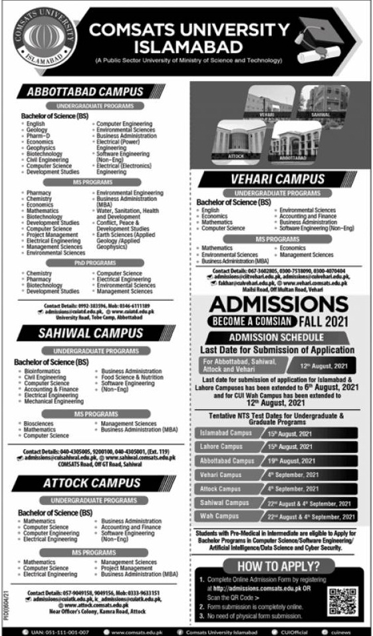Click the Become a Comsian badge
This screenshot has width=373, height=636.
click(255, 323)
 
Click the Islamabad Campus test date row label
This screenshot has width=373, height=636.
click(223, 433)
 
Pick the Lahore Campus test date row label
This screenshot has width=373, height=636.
click(221, 446)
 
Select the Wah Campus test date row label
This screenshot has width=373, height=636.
click(218, 516)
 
